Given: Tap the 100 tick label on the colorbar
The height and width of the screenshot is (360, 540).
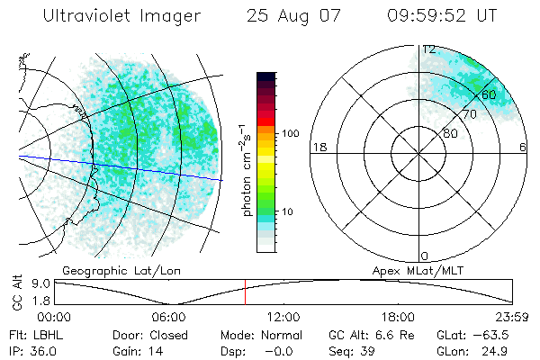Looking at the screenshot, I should tap(290, 133).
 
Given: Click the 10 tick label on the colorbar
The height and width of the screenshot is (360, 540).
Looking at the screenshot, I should tap(287, 212).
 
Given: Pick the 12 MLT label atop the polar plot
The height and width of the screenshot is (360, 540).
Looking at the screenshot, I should tap(429, 49).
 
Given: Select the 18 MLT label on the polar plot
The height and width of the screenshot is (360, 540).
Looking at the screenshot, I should tap(318, 147).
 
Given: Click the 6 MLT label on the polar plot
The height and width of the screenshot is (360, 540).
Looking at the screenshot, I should tap(524, 147).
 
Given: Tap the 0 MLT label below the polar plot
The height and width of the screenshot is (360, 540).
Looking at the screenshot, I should tap(425, 256).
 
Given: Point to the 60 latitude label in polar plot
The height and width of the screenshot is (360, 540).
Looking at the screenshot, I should tap(489, 94).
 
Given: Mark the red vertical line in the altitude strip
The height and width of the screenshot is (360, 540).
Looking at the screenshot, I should tap(245, 292).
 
